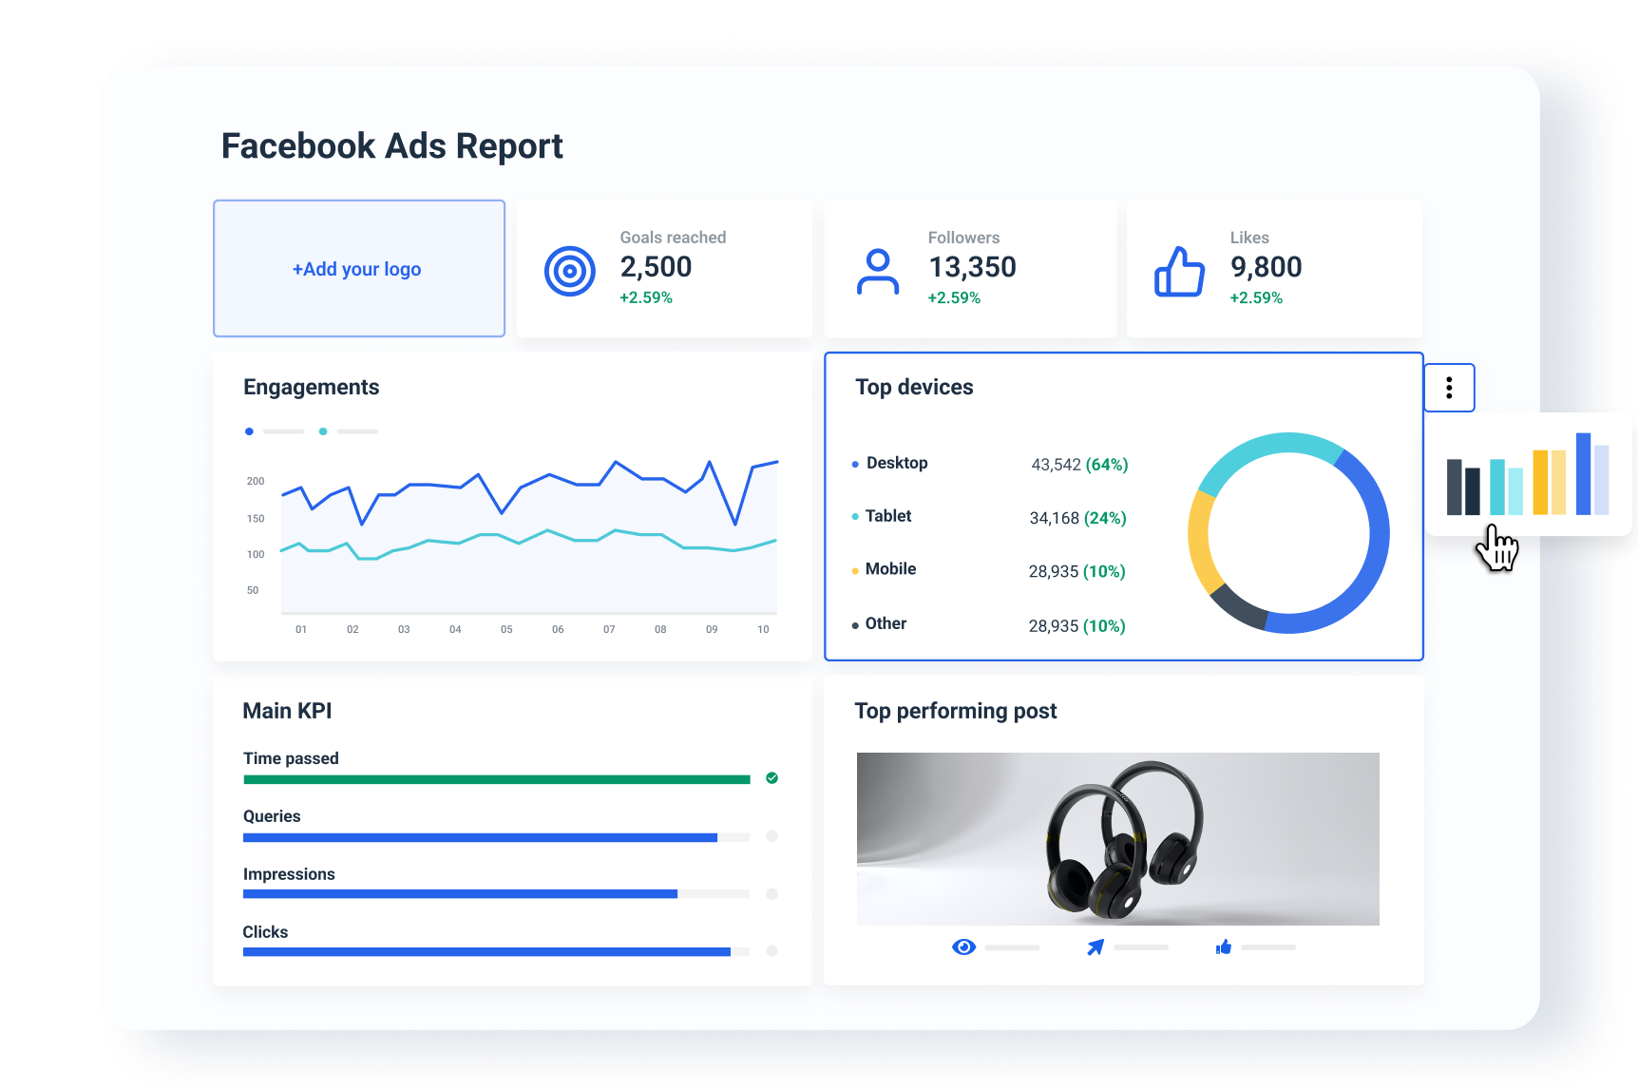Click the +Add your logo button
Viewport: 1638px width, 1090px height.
pos(358,269)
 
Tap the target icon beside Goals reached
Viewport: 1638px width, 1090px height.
pos(569,271)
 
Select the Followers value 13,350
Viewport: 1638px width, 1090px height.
pos(972,267)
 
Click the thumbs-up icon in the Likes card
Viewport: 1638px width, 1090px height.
pos(1179,272)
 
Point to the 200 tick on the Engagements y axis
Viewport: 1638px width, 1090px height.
pos(256,481)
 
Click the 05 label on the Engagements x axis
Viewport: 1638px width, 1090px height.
pos(506,629)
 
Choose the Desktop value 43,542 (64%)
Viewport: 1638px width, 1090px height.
pos(1079,465)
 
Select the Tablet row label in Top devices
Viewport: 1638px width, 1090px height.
pos(887,516)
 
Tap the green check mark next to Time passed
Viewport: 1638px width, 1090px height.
pos(771,778)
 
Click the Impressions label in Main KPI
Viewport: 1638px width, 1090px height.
pos(289,874)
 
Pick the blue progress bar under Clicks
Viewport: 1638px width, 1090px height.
pos(486,951)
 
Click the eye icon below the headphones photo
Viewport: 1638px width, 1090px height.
pos(963,947)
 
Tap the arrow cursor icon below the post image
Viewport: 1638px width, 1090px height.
pos(1095,947)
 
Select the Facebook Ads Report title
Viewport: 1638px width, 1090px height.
pos(391,146)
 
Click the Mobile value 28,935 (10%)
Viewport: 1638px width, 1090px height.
pos(1076,571)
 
